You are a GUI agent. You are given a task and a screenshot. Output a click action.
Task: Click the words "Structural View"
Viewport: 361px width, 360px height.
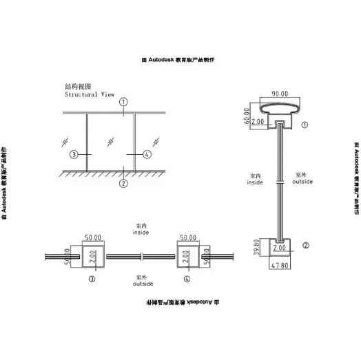coord(90,94)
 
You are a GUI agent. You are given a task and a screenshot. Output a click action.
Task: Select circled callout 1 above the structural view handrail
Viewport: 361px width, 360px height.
coord(122,101)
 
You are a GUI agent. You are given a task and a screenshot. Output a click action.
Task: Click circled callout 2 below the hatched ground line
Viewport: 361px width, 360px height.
coord(122,183)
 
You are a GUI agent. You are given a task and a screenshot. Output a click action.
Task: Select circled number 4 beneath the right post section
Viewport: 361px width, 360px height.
coord(187,280)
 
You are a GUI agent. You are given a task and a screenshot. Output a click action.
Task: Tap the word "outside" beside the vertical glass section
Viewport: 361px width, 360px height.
coord(303,182)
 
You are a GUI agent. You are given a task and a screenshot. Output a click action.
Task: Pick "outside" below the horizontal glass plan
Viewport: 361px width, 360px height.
coord(143,283)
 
